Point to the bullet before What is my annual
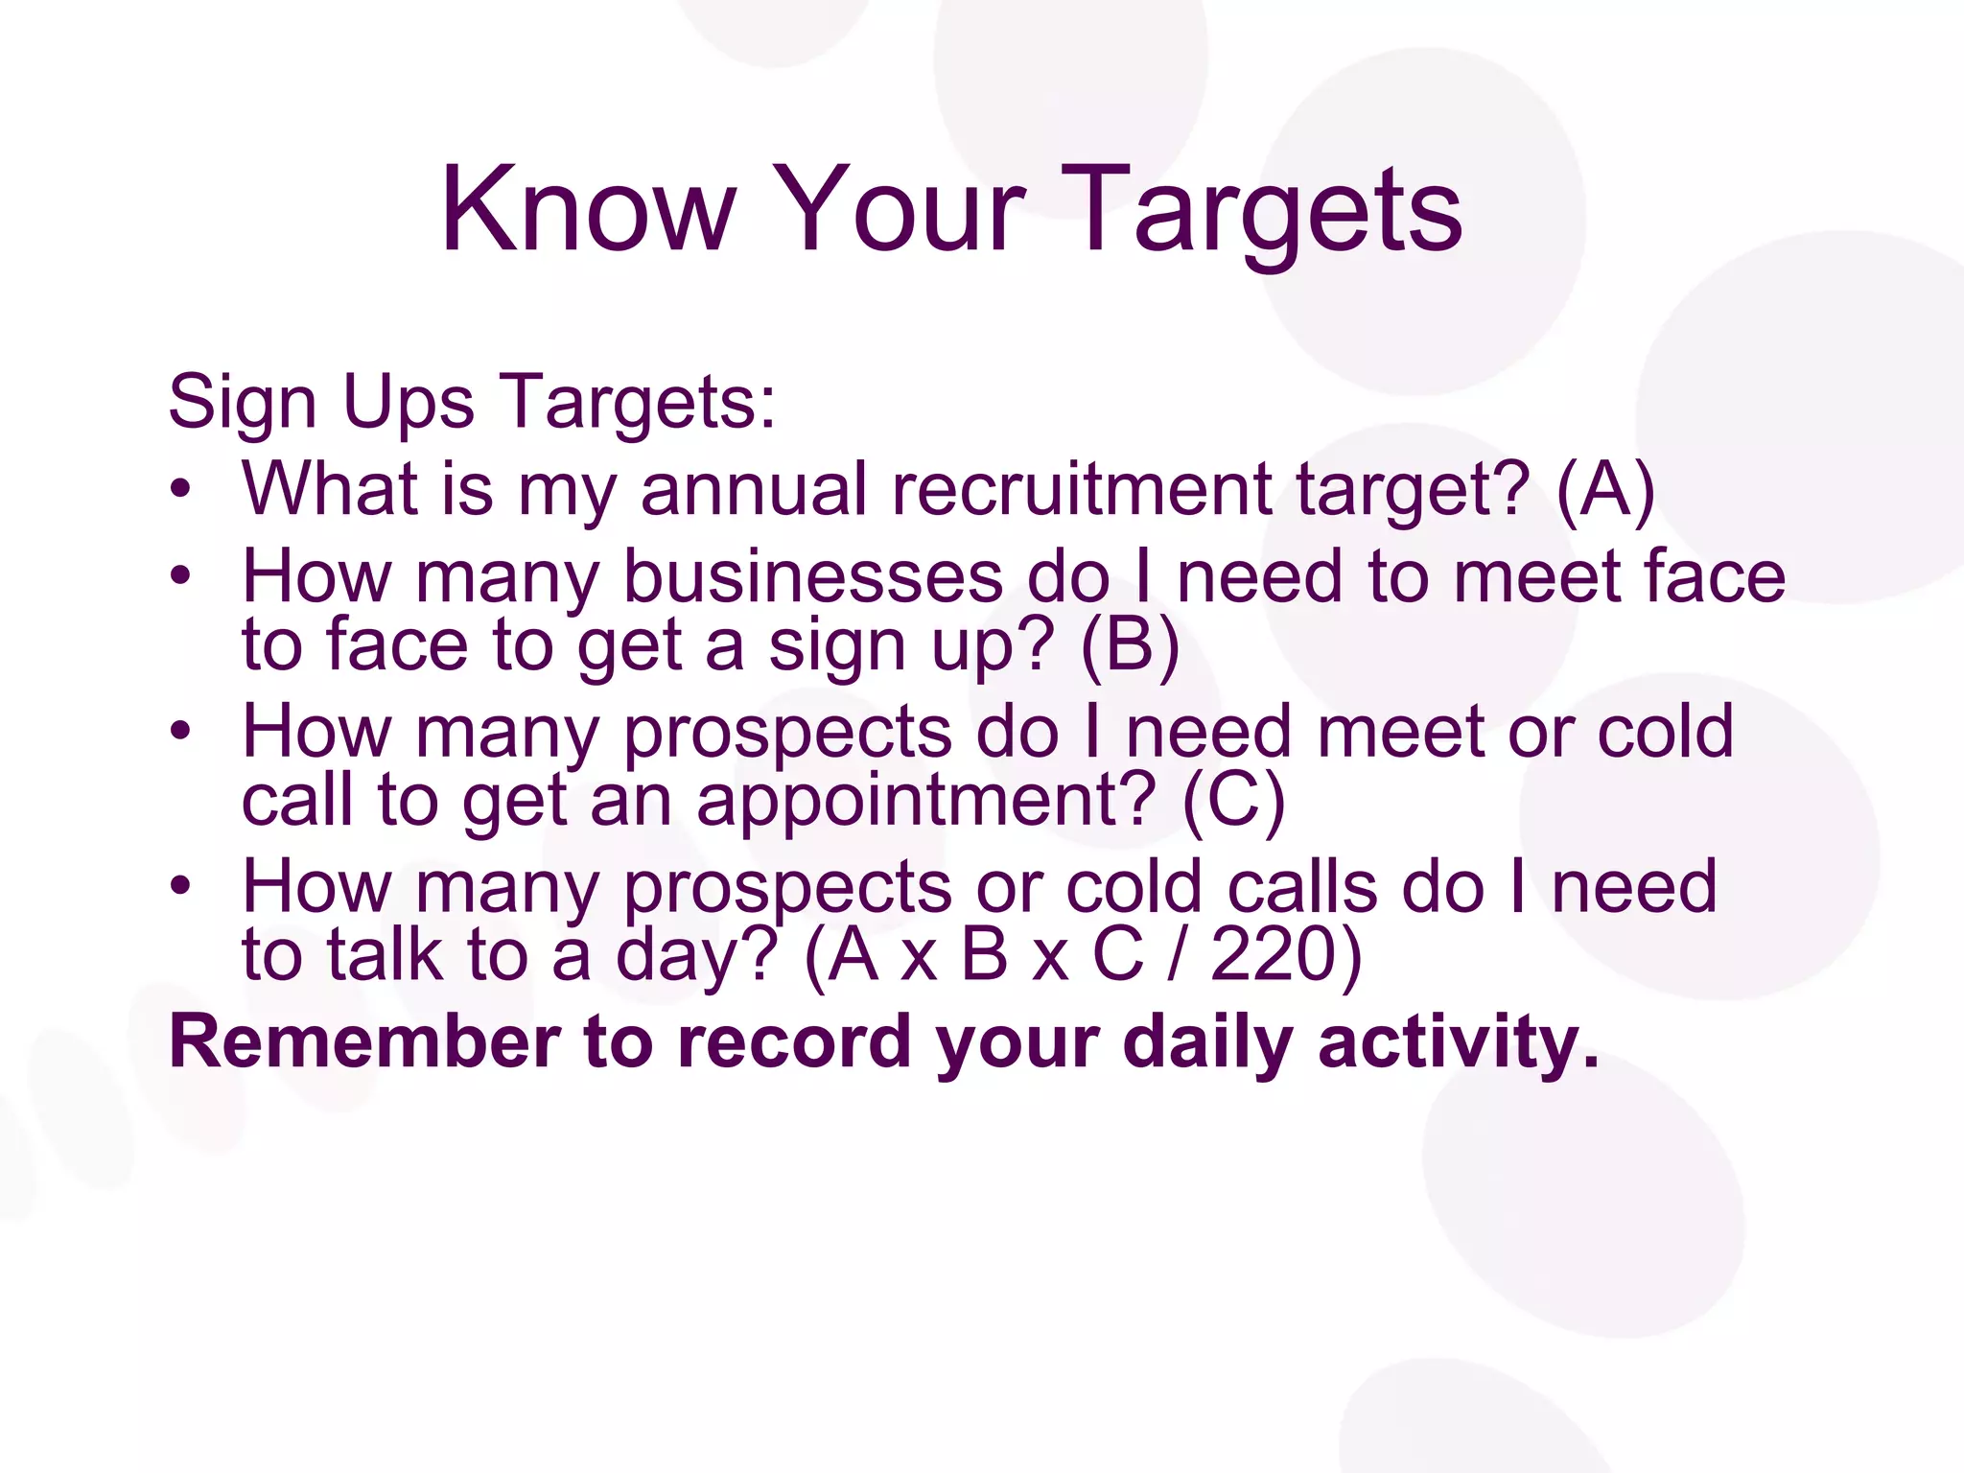click(x=180, y=490)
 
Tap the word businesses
click(x=813, y=577)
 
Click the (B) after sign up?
click(x=1130, y=645)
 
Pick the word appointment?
click(x=926, y=801)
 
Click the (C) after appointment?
click(x=1233, y=801)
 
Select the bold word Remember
click(x=364, y=1042)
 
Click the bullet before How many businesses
click(x=180, y=577)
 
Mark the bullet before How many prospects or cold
click(x=180, y=886)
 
